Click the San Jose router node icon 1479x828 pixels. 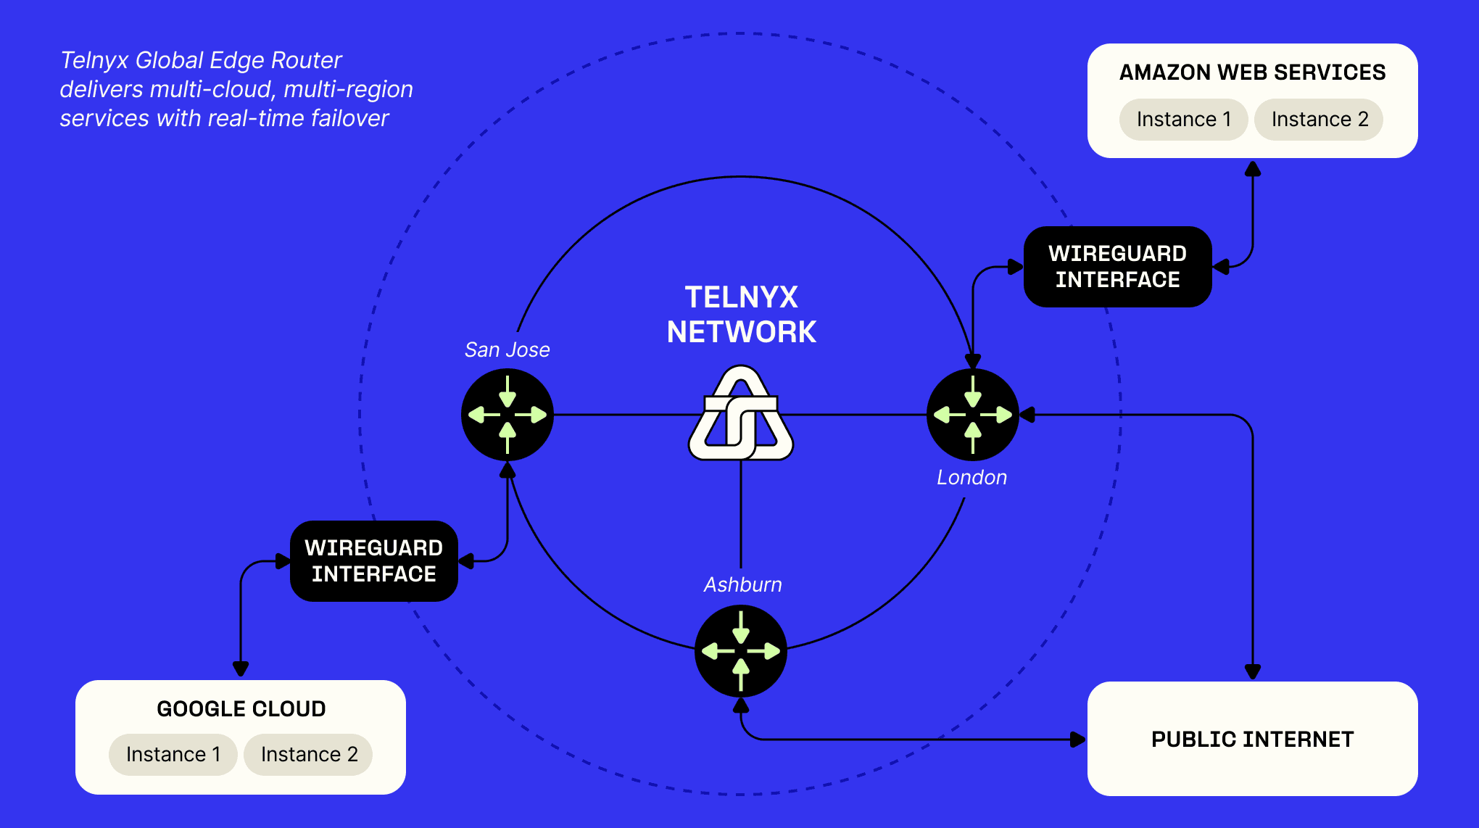507,415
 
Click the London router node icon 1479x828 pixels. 973,415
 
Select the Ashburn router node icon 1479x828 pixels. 741,651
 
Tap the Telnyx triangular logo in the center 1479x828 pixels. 741,415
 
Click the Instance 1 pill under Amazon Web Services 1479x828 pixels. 1183,120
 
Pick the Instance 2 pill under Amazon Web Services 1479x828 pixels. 1319,120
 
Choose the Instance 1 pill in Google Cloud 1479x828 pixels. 173,755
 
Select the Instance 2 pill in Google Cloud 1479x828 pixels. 309,755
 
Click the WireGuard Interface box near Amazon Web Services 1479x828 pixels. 1117,267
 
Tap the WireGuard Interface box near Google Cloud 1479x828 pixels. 373,561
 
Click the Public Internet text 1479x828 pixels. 1252,740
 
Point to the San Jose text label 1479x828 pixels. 507,350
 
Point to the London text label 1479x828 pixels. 971,478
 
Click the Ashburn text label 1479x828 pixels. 742,585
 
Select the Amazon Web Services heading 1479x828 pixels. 1252,73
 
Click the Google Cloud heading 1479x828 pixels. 241,709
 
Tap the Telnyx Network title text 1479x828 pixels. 741,315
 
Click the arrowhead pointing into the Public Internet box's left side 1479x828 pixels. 1078,740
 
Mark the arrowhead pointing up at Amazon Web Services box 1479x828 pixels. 1253,170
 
